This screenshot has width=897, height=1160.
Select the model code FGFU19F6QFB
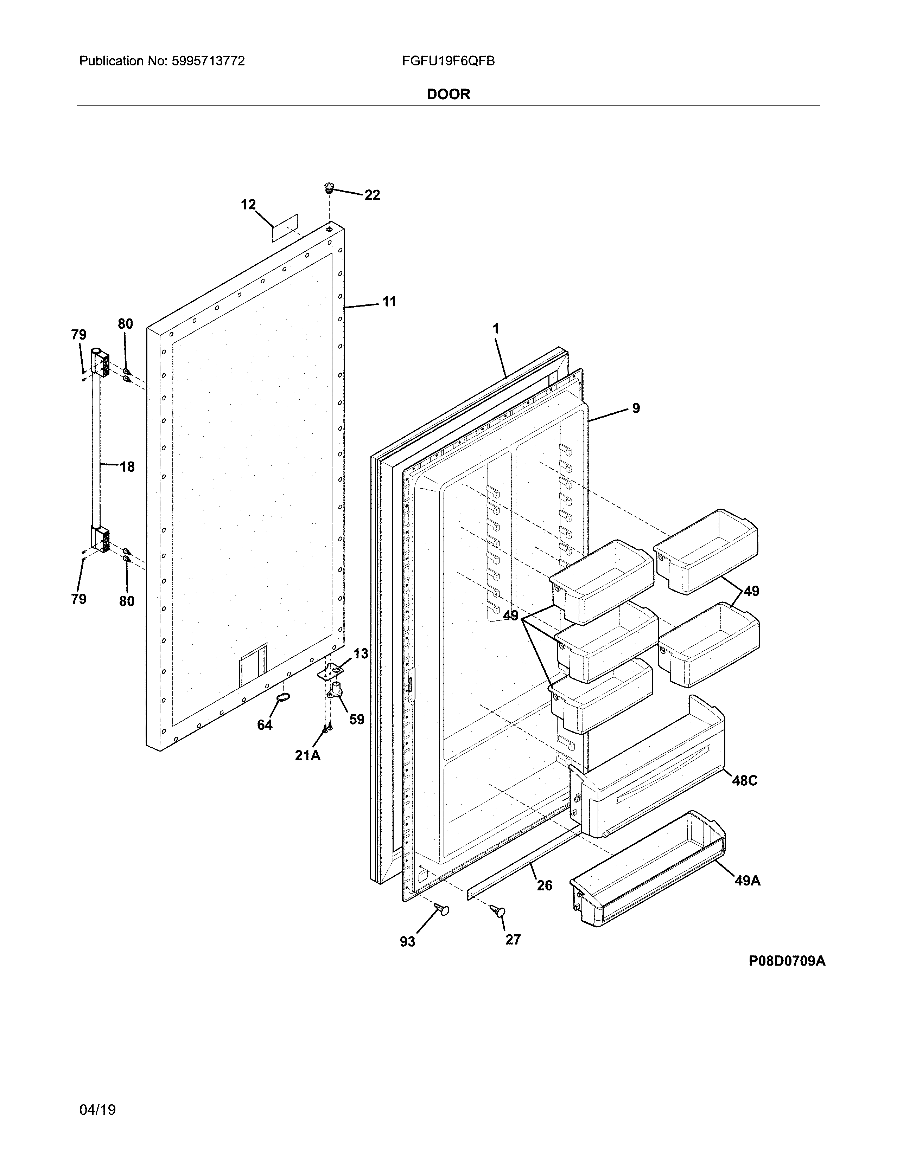pos(448,61)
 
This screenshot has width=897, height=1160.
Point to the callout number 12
pos(248,205)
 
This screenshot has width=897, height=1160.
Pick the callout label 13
pos(361,654)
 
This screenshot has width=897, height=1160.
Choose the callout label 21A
pos(308,755)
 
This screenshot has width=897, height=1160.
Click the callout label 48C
pos(744,780)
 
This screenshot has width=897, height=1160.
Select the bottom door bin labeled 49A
pos(648,875)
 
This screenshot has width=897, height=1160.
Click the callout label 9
pos(636,408)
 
